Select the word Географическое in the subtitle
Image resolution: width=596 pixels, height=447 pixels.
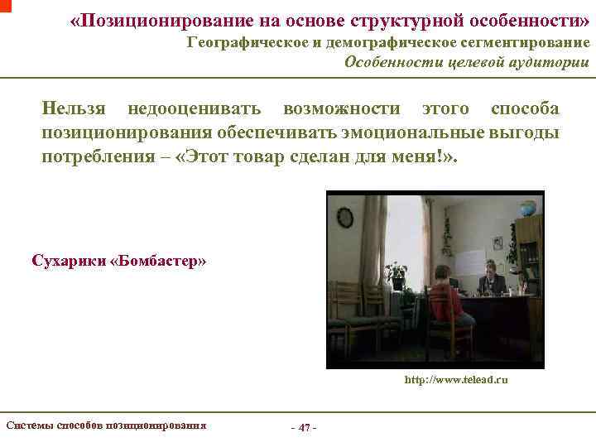pyautogui.click(x=249, y=42)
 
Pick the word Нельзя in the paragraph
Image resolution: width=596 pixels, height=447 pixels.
pyautogui.click(x=73, y=108)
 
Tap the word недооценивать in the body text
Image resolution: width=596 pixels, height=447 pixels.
pyautogui.click(x=195, y=108)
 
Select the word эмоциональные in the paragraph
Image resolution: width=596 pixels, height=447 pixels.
pyautogui.click(x=418, y=132)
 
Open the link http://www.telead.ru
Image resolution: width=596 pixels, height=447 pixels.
pyautogui.click(x=455, y=380)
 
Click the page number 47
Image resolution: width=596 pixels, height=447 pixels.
pyautogui.click(x=304, y=428)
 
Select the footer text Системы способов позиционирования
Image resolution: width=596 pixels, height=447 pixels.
pyautogui.click(x=106, y=425)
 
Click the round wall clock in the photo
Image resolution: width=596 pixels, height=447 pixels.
pyautogui.click(x=345, y=218)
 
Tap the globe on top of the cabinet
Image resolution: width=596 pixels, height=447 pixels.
pyautogui.click(x=525, y=209)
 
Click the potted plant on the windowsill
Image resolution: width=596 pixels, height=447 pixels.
pyautogui.click(x=397, y=274)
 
